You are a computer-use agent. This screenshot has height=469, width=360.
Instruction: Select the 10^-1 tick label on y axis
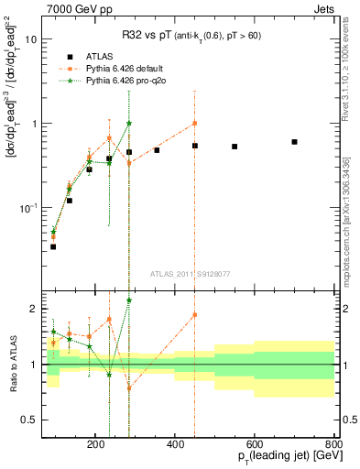tap(53, 208)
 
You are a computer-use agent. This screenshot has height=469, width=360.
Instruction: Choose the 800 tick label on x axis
tap(334, 443)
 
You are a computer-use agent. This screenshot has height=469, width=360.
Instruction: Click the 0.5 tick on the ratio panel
tap(53, 420)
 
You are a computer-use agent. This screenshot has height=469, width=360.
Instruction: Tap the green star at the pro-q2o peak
tap(129, 123)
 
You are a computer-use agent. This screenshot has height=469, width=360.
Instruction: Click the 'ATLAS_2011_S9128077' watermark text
tap(193, 272)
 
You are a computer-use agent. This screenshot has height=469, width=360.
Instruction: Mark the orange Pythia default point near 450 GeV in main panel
tap(194, 123)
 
